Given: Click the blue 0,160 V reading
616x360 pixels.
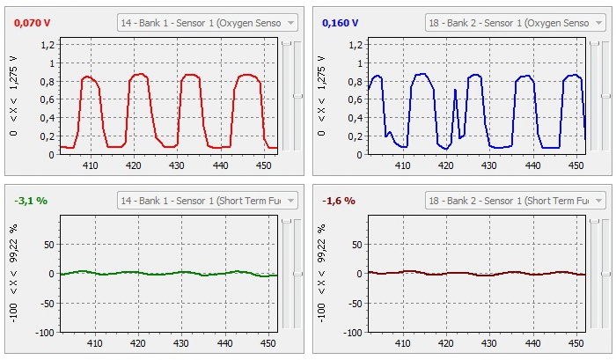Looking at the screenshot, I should tap(341, 23).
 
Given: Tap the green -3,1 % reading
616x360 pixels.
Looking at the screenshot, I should tap(31, 201).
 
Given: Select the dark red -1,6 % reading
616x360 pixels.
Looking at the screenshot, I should tap(338, 201).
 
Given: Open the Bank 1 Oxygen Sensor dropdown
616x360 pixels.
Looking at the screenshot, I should tap(208, 23).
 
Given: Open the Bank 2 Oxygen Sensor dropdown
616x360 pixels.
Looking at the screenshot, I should tap(516, 23).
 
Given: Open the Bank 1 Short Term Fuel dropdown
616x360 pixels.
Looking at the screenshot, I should tap(208, 201).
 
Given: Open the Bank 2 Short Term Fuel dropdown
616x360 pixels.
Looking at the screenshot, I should tap(516, 201).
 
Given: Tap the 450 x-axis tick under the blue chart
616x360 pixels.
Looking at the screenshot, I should tap(574, 165).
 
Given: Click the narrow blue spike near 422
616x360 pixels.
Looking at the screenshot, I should tap(455, 91).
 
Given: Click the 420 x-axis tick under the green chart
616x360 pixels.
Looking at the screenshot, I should tap(134, 342).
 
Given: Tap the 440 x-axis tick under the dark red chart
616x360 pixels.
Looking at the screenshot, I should tap(530, 342).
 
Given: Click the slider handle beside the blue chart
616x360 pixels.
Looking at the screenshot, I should tap(605, 95).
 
